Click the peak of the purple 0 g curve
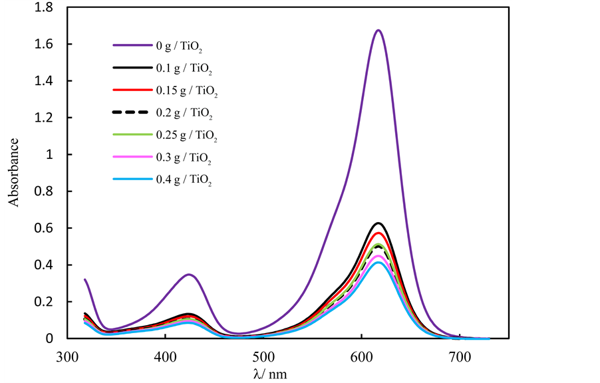(x=378, y=30)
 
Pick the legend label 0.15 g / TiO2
(x=189, y=91)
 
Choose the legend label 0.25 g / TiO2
(x=189, y=135)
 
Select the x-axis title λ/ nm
(x=271, y=374)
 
